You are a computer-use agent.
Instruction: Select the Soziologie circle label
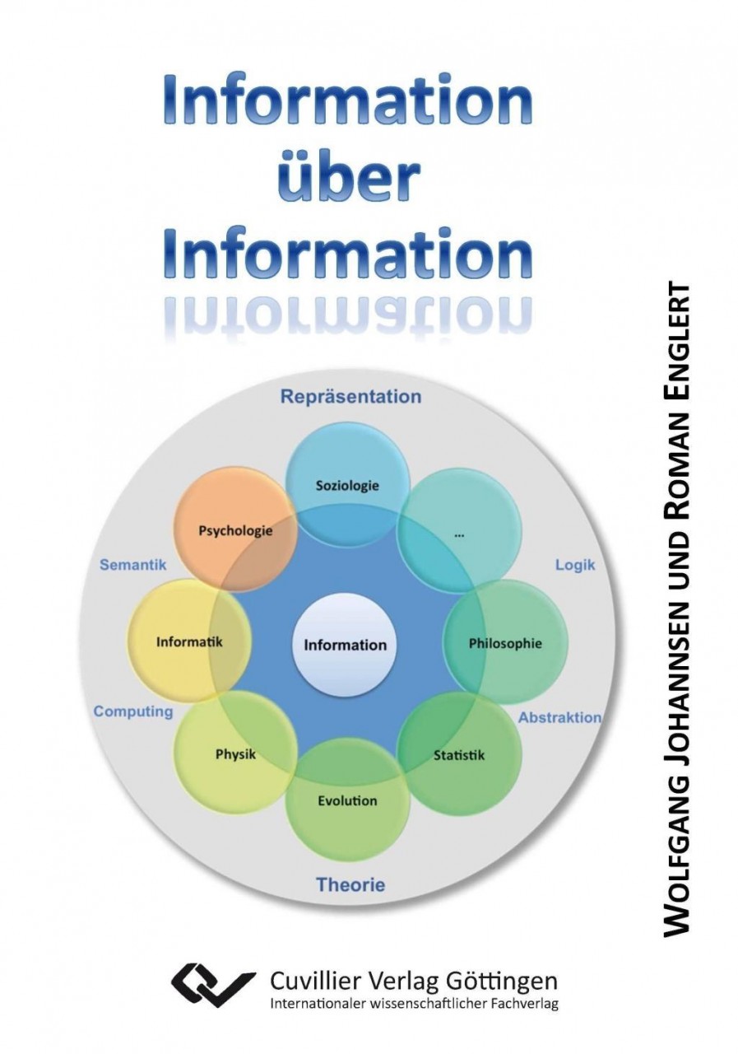click(x=347, y=485)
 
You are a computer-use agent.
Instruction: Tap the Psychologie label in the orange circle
click(x=235, y=531)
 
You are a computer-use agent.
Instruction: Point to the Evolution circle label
click(x=347, y=800)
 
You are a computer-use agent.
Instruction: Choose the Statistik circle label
click(x=459, y=754)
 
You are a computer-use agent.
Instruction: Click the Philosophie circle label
click(x=505, y=643)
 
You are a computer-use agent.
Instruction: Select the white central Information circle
click(x=345, y=645)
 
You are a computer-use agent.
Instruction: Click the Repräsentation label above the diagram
click(x=350, y=397)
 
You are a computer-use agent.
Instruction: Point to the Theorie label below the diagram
click(x=350, y=885)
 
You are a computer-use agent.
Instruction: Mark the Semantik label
click(x=133, y=565)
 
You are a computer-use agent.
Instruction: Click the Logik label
click(x=575, y=566)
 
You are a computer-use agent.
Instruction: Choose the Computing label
click(x=133, y=711)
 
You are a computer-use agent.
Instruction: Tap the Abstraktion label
click(x=559, y=717)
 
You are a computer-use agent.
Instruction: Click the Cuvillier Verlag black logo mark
click(x=212, y=986)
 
